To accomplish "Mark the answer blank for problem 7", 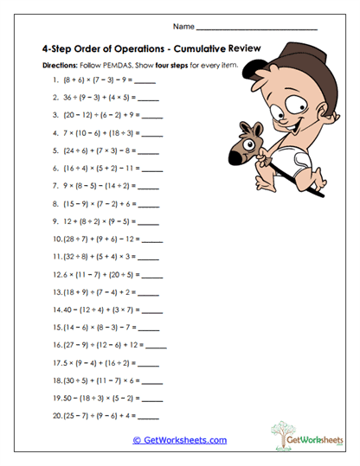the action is [149, 183].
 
